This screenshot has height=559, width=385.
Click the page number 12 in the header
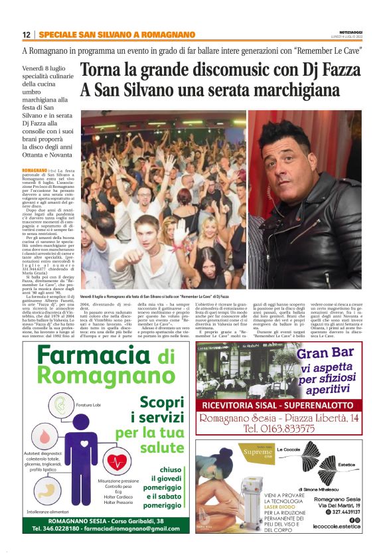point(26,35)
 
